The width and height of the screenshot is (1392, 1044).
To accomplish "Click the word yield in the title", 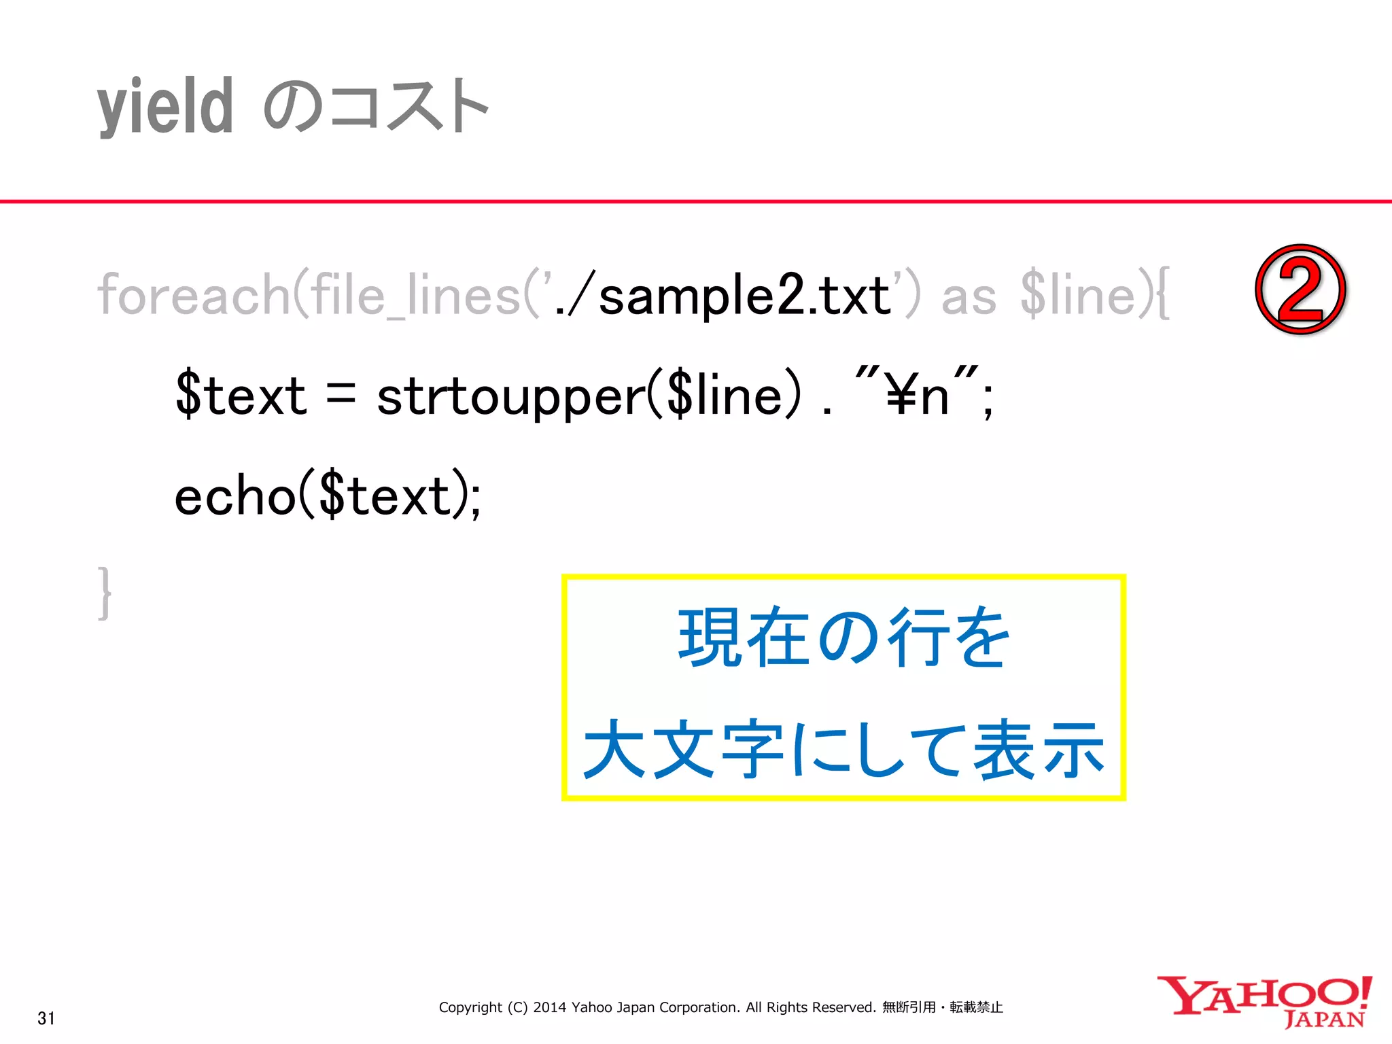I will [x=165, y=107].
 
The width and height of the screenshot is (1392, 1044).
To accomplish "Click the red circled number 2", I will [x=1300, y=290].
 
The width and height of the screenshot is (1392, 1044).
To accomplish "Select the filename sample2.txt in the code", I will [x=744, y=296].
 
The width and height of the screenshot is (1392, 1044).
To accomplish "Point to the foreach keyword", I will [x=194, y=296].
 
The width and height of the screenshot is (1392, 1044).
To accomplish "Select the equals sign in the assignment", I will [x=341, y=394].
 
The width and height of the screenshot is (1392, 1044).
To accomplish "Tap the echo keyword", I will [x=234, y=496].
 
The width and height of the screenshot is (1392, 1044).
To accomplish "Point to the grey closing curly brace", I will [x=105, y=593].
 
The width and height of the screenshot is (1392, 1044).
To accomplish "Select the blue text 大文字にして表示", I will [x=843, y=750].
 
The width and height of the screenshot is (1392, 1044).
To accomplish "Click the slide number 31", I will [x=46, y=1018].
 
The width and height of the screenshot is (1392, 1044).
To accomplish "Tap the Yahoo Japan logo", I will [x=1264, y=1002].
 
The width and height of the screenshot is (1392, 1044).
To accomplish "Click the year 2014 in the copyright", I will [x=549, y=1007].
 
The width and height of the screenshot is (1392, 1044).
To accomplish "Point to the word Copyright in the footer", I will [x=470, y=1007].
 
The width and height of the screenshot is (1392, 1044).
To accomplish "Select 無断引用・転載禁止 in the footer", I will [x=942, y=1007].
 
